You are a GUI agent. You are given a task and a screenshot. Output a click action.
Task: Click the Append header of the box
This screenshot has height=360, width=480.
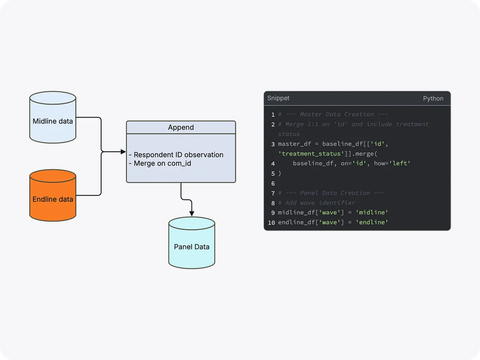point(181,127)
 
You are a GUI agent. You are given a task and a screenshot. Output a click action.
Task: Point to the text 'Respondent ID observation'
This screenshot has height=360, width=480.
point(178,155)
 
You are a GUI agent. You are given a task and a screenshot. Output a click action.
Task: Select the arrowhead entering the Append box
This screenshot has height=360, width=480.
point(123,152)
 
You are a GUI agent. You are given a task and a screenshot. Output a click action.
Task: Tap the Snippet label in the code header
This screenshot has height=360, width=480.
point(278,98)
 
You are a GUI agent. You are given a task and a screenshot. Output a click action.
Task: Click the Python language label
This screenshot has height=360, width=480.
point(433,98)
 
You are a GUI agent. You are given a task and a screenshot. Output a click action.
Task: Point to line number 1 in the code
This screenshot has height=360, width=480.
point(273,115)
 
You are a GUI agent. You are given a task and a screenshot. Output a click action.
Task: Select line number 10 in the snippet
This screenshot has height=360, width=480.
point(271,223)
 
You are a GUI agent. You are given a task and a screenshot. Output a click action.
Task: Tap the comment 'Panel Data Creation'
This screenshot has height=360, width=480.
point(331,193)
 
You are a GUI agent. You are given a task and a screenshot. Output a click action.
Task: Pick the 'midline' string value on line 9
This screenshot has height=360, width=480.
point(372,213)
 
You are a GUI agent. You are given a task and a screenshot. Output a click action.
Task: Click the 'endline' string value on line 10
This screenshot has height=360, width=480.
point(372,222)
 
